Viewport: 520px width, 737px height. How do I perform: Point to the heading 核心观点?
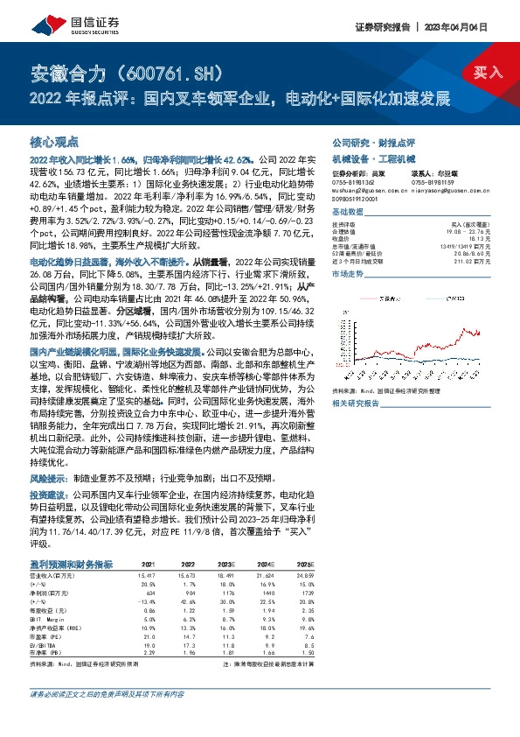(54, 141)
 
